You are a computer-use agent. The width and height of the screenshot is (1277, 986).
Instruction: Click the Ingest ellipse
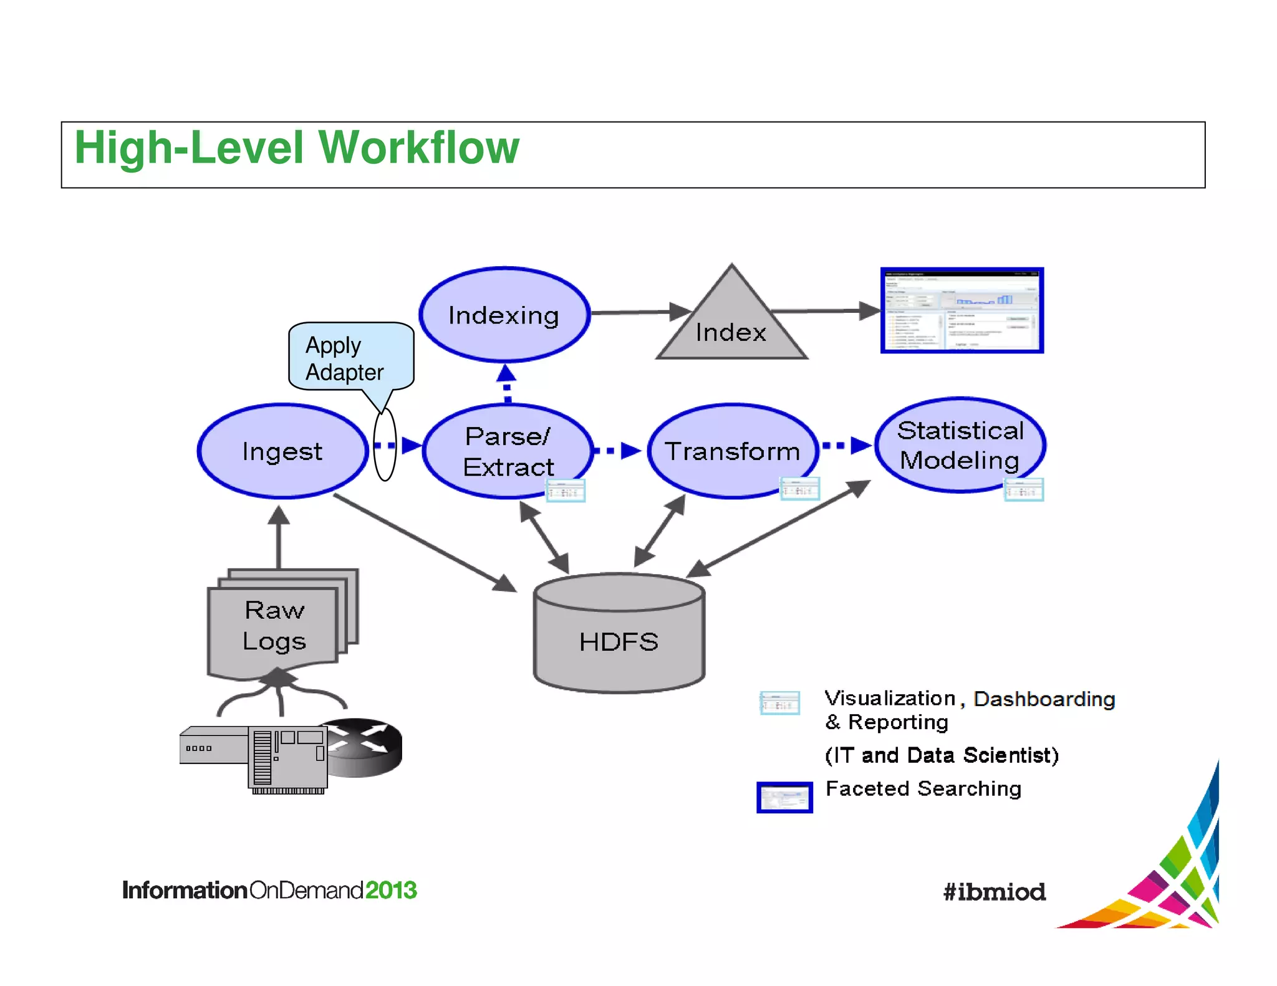point(282,451)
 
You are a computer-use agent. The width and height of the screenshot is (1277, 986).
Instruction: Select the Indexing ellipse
point(504,315)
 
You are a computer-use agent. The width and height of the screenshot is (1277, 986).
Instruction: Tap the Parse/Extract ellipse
point(508,451)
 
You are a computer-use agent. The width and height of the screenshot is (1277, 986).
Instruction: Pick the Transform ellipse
point(732,451)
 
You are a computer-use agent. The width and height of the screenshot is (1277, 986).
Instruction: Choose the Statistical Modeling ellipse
point(960,445)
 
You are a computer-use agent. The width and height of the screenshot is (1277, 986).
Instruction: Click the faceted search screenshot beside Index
point(961,310)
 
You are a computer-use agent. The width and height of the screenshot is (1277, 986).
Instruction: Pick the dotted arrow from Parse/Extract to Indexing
point(506,384)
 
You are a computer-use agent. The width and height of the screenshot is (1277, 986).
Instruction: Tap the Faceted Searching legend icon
point(784,797)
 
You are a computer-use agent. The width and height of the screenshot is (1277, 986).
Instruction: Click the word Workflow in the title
point(418,148)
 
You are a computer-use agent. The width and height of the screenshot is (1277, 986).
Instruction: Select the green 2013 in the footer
point(390,890)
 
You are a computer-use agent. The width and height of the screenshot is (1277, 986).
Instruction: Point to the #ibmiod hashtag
point(994,892)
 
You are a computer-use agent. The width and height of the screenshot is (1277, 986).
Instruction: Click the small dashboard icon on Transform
point(799,489)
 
